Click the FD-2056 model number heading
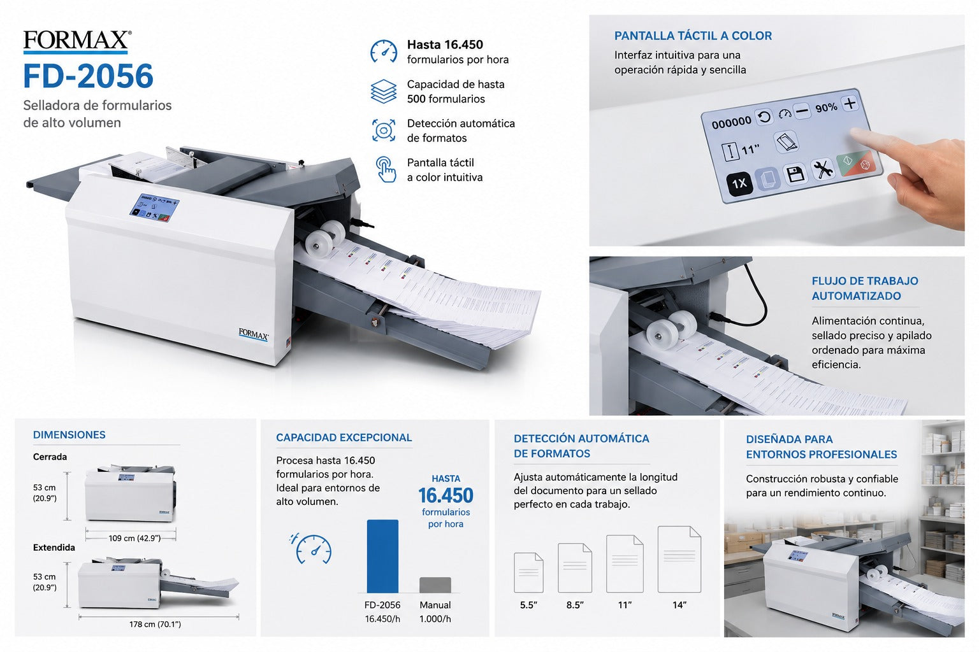coord(89,76)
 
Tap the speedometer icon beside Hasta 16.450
coord(384,52)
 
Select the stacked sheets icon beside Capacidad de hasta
coord(384,91)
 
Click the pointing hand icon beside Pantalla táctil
coord(386,169)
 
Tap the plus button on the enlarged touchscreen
coord(850,104)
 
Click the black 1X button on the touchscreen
coord(739,183)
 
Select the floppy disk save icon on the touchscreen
coord(795,174)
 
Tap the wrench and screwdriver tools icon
coord(823,169)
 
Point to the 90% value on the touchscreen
coord(826,108)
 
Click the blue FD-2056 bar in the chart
coord(382,556)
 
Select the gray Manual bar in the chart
coord(435,585)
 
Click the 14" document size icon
coord(679,560)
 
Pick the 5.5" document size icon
coord(528,572)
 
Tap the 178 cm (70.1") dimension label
coord(155,625)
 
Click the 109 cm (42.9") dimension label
coord(134,539)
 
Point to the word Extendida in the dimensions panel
coord(54,548)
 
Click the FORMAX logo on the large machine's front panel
coord(254,334)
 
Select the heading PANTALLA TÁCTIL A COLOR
coord(693,36)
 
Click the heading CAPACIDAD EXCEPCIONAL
coord(344,437)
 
